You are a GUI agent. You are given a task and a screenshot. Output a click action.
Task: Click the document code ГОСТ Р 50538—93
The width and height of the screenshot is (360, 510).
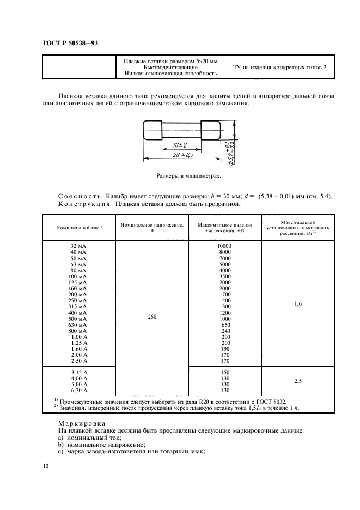tap(70, 43)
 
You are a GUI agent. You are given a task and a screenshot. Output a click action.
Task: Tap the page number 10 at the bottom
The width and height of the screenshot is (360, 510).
tap(45, 466)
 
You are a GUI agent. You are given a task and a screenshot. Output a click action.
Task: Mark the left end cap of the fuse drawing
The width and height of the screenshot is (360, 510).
tap(152, 130)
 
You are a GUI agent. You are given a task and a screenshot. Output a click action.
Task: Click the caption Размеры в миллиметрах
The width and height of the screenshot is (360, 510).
tap(188, 176)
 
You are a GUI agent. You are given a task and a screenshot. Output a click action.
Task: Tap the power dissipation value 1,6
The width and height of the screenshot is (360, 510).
tap(298, 304)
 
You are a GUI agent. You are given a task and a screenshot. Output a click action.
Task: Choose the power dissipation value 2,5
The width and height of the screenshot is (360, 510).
tap(298, 381)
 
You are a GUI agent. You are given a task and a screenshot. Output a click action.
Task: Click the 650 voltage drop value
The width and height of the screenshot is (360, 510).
tap(224, 324)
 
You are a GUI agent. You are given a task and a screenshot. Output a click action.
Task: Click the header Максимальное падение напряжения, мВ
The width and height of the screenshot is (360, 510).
tap(224, 228)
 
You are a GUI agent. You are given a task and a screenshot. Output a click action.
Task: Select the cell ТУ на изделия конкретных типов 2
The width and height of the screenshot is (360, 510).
tap(279, 67)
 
